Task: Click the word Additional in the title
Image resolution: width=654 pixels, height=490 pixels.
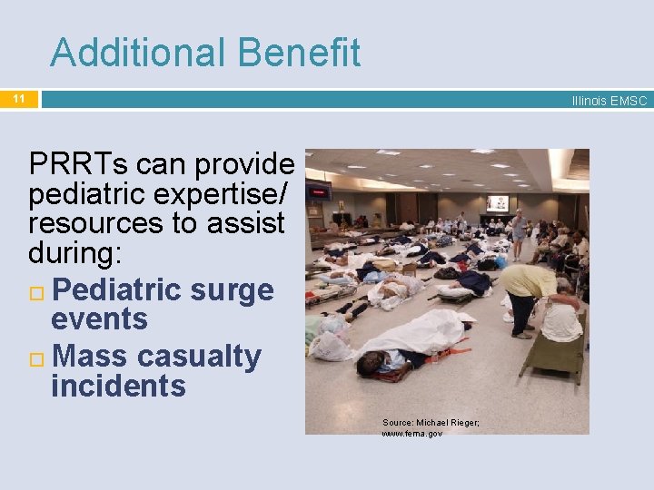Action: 137,53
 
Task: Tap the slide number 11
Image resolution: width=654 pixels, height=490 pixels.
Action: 19,98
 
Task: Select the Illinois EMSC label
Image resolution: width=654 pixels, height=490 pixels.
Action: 609,101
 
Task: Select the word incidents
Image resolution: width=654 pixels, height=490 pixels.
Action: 118,386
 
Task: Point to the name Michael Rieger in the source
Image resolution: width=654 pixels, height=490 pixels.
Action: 448,423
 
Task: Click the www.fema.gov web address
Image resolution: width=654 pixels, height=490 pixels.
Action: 412,434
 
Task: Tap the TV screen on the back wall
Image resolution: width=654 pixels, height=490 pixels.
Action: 497,203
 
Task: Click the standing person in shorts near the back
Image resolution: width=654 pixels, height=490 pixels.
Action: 519,231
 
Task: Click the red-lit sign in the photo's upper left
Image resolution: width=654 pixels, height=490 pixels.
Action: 318,191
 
